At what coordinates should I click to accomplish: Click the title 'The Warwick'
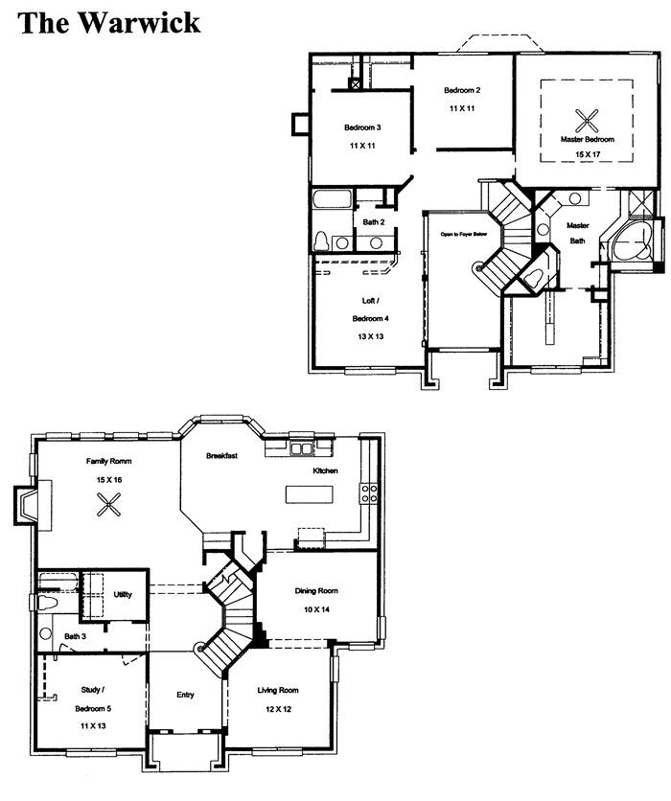point(109,23)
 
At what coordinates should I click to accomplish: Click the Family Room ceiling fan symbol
point(109,505)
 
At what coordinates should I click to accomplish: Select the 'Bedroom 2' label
point(462,90)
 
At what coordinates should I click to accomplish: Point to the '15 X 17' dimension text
point(588,153)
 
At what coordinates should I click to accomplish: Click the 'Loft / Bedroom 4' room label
point(371,309)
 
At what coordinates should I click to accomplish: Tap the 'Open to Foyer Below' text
point(464,235)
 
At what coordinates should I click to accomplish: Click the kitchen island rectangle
point(310,494)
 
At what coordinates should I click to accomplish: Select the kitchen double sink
point(301,448)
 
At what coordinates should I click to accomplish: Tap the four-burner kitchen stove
point(369,493)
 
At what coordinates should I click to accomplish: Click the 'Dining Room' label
point(316,591)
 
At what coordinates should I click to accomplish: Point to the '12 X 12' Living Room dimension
point(278,709)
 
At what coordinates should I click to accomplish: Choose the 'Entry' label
point(185,695)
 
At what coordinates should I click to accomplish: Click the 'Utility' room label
point(123,595)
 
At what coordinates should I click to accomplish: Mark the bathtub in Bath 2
point(333,199)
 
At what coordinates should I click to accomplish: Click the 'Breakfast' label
point(221,456)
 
